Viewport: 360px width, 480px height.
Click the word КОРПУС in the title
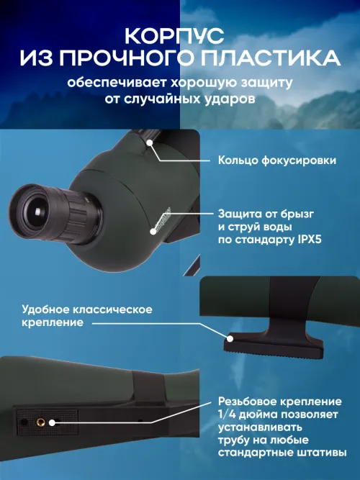pos(179,35)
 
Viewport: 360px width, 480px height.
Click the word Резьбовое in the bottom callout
pos(248,400)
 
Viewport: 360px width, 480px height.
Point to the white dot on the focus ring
pos(150,143)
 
